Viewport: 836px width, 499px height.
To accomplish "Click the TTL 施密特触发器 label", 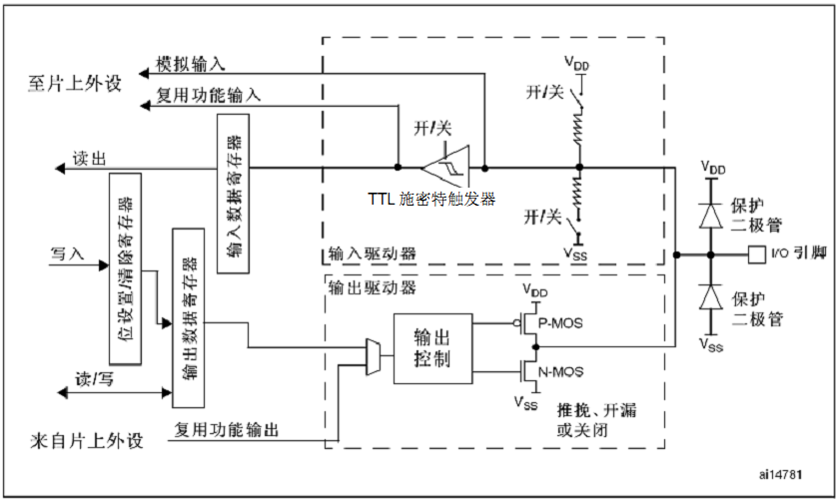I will click(x=431, y=199).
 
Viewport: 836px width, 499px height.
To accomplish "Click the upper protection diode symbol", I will click(x=710, y=214).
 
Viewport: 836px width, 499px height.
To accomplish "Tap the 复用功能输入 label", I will click(x=210, y=96).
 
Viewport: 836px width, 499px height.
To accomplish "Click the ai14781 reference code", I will click(x=780, y=472).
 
